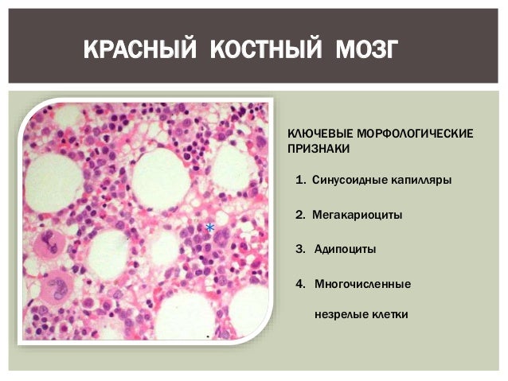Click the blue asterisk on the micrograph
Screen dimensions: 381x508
(209, 227)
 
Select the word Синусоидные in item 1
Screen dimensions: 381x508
(346, 180)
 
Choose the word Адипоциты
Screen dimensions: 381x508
(346, 249)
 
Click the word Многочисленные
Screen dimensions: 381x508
(362, 283)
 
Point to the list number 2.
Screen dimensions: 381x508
(299, 215)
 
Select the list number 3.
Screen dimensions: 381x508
(299, 249)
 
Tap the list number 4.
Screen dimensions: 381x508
(299, 283)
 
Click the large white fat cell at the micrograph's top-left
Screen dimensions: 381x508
(54, 181)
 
